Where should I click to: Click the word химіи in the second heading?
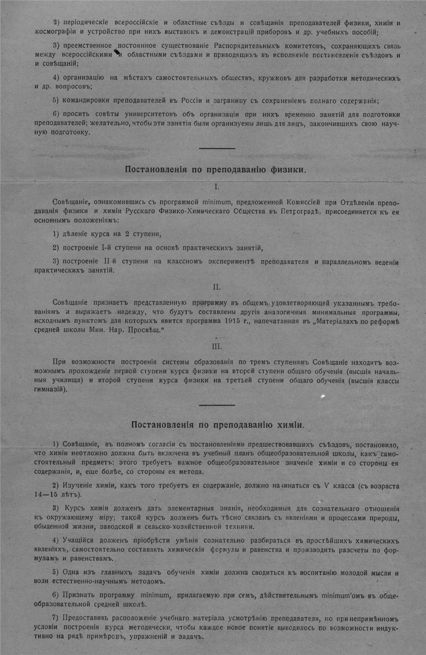288,425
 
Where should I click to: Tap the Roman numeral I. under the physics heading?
216,187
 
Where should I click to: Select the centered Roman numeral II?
216,287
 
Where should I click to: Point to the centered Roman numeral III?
216,346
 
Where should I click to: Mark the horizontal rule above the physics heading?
217,148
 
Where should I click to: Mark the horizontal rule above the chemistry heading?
217,405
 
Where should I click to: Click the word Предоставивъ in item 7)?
83,618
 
